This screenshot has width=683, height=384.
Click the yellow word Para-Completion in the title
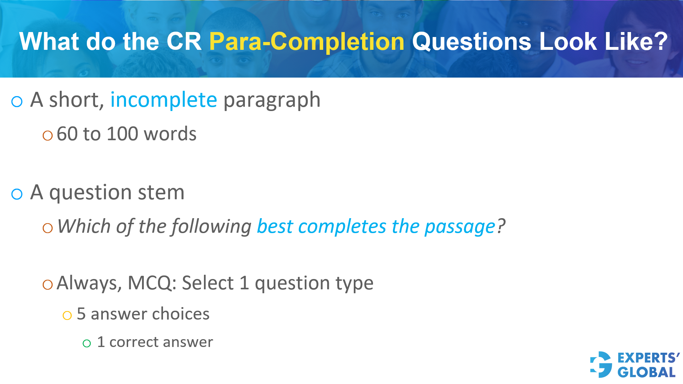pos(307,42)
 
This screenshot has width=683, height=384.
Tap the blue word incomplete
pos(163,100)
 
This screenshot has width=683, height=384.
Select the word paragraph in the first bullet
pos(272,100)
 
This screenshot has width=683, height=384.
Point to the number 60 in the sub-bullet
pos(67,134)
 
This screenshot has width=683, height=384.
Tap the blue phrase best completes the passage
pos(376,227)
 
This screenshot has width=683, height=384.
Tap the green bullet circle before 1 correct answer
pos(87,343)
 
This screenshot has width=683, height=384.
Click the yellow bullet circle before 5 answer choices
pos(67,315)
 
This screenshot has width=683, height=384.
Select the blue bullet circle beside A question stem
pos(17,194)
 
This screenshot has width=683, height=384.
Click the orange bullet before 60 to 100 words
pos(47,136)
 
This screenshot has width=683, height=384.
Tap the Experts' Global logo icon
pos(601,364)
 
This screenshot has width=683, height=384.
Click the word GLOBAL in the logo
pos(646,372)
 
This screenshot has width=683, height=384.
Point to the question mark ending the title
pos(661,42)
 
